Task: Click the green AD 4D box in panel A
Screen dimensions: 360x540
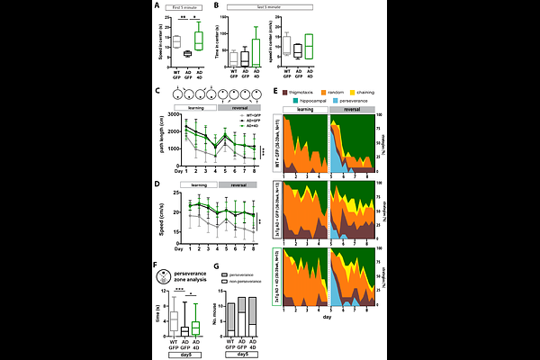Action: pos(199,40)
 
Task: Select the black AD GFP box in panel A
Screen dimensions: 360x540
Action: pos(187,53)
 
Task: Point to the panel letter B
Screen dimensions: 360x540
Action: pos(219,7)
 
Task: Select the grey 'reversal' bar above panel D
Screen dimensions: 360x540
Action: pos(239,183)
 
